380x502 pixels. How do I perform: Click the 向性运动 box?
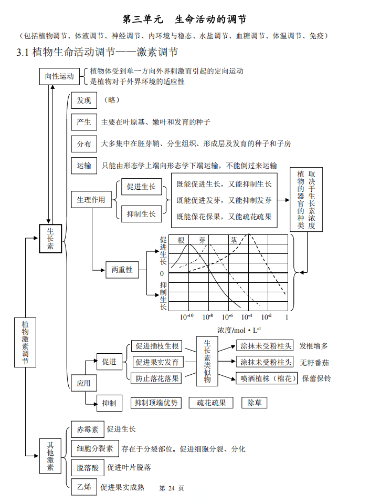(59, 76)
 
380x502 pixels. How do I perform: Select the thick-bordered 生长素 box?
(50, 240)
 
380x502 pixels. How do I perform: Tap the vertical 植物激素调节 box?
(25, 342)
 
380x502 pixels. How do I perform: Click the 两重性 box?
(122, 270)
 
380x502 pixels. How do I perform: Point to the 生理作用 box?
(91, 200)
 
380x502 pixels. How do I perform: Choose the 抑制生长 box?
(142, 214)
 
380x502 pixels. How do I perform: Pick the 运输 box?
(84, 165)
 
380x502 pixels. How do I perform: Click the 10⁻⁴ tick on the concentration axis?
(247, 317)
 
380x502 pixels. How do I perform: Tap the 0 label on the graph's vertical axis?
(162, 274)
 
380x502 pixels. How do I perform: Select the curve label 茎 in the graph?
(234, 240)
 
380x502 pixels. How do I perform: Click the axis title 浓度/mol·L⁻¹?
(239, 330)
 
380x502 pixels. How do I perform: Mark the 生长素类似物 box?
(207, 361)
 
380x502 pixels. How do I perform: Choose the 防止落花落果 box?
(157, 378)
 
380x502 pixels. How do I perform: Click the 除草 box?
(254, 403)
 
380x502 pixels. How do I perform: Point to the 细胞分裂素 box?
(95, 448)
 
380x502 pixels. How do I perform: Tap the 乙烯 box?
(84, 487)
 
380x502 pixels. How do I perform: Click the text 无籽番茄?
(314, 362)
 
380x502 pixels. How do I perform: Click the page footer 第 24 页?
(172, 488)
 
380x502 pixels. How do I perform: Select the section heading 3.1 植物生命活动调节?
(97, 52)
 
